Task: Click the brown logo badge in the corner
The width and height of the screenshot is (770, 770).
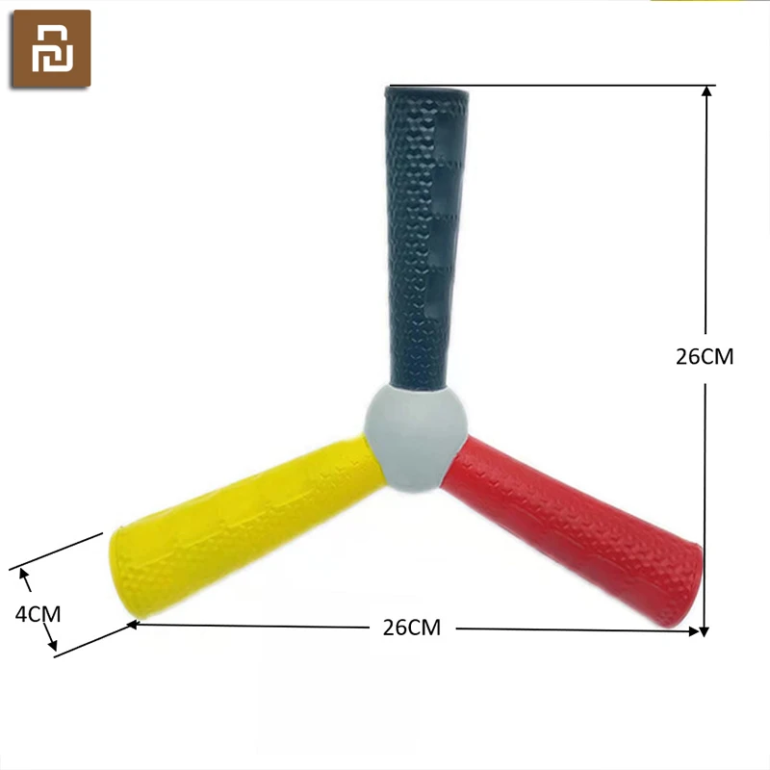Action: pos(52,49)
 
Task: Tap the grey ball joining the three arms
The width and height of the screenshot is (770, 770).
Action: pos(416,438)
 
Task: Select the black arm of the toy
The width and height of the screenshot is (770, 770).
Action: pos(425,237)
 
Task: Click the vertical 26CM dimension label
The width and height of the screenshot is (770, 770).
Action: pos(705,357)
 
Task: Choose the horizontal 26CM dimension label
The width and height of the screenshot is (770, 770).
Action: pos(412,628)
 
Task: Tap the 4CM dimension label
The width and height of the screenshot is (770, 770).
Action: pos(38,614)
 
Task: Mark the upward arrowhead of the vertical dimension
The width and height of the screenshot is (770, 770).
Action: pos(706,91)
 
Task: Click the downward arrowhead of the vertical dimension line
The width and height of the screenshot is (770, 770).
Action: pos(704,631)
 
